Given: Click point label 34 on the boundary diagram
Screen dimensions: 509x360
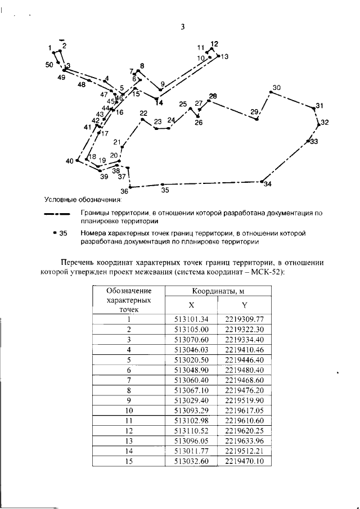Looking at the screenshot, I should tap(267, 184).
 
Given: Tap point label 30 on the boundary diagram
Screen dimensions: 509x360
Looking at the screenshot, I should tap(276, 88).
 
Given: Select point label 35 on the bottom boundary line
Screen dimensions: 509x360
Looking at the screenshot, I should tap(165, 190).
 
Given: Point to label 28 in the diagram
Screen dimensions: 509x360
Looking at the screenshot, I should tap(213, 96).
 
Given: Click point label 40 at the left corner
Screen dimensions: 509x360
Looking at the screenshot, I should tap(70, 161).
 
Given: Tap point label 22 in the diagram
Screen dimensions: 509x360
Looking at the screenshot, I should tap(143, 112).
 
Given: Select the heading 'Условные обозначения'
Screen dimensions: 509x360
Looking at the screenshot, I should tap(84, 199).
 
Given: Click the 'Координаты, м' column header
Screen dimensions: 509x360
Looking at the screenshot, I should tap(217, 291).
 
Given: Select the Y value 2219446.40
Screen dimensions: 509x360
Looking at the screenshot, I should tap(244, 359).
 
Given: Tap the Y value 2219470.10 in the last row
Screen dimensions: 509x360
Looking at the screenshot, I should tap(244, 462).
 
